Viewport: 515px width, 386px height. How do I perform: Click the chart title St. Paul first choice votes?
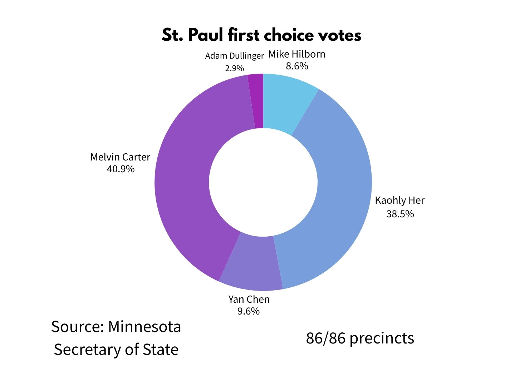click(261, 35)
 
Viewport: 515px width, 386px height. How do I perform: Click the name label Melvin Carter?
click(120, 157)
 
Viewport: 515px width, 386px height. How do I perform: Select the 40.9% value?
click(121, 169)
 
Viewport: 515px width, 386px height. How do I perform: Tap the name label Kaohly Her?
click(399, 200)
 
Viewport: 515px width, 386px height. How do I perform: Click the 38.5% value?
click(400, 214)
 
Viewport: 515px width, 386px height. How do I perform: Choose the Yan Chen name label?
click(249, 299)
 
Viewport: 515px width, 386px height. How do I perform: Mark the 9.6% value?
click(249, 311)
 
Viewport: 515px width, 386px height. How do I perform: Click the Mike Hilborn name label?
click(297, 54)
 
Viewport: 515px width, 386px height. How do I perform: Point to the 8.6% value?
click(297, 66)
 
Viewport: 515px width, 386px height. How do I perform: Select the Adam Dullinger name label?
click(234, 56)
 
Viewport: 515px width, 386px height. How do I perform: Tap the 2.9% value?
click(234, 68)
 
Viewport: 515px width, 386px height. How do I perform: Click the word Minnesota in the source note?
click(144, 327)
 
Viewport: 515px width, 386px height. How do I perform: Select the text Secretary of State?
click(116, 350)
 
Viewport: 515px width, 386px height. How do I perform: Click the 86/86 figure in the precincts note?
click(325, 338)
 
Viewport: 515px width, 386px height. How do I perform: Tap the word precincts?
click(382, 338)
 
